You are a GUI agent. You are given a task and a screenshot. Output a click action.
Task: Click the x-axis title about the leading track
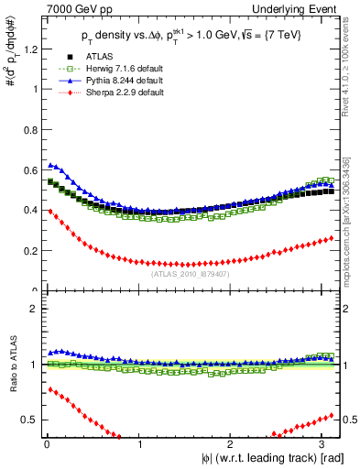coord(266,458)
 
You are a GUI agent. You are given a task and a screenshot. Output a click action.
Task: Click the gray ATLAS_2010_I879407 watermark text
coord(191,272)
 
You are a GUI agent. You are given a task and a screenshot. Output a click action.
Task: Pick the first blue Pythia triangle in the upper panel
coord(49,165)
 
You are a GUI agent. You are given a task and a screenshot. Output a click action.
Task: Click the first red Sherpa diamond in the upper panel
coord(49,212)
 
